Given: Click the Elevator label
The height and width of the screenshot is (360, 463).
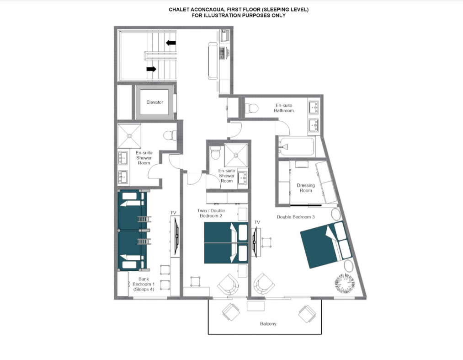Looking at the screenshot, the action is click(154, 102).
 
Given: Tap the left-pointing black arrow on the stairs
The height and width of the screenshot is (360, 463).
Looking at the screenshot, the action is click(170, 43).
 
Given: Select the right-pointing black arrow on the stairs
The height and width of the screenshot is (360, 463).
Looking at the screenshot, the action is click(151, 69).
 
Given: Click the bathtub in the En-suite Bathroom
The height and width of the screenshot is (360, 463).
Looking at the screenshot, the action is click(297, 146).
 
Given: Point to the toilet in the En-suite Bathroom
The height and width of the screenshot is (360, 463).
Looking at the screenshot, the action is click(251, 108).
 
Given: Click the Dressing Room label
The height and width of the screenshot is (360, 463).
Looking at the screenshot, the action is click(306, 188).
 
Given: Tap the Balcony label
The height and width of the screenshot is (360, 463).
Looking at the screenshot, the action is click(268, 324).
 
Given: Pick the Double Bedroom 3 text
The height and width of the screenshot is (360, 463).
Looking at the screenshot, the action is click(296, 217).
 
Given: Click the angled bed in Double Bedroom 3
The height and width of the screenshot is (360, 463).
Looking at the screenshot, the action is click(326, 244).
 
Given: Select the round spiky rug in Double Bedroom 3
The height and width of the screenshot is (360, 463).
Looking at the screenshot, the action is click(345, 284).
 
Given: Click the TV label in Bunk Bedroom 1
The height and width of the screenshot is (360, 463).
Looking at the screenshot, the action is click(173, 213).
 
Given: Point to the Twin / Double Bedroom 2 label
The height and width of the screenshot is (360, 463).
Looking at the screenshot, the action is click(211, 213).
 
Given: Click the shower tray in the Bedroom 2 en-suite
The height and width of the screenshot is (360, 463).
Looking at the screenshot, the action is click(236, 155).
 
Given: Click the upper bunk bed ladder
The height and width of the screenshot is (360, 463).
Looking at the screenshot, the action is click(144, 219).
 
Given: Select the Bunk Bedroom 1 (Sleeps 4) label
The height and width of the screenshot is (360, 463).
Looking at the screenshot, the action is click(144, 284).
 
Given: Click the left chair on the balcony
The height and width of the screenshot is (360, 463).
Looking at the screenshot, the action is click(231, 312).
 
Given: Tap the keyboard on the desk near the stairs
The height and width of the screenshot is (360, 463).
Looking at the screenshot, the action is click(222, 53).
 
